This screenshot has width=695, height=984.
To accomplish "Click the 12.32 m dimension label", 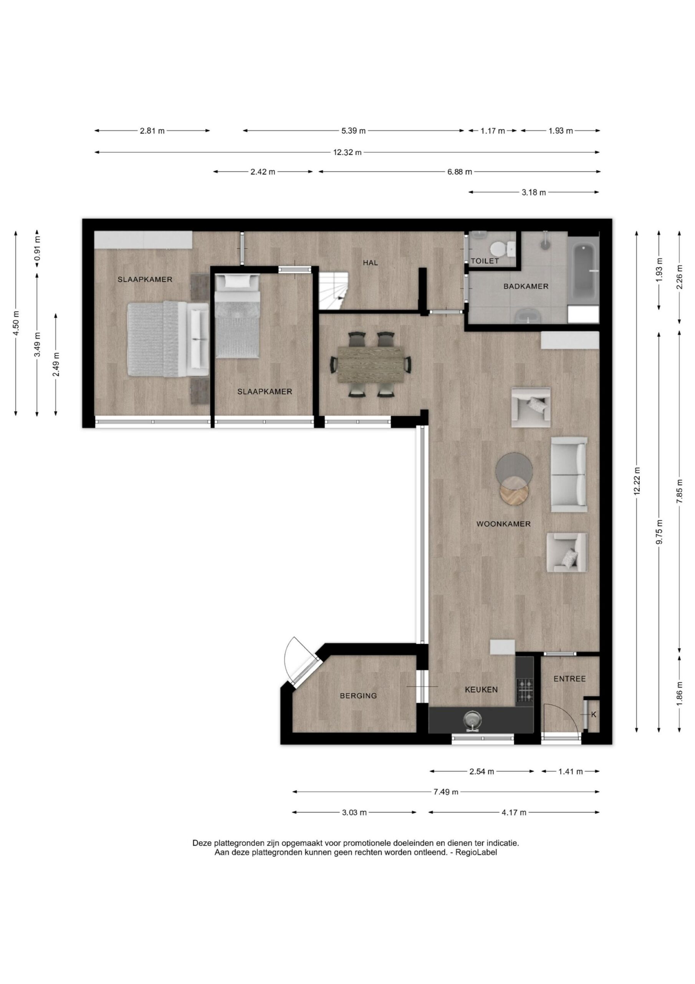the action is point(347,152).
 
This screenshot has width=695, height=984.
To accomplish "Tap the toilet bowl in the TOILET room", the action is point(501,248).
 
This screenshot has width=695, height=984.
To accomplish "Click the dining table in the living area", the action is point(371,365).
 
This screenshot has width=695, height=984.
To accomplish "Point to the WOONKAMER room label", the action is point(503,524).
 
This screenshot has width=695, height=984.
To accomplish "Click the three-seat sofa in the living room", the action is point(569,474).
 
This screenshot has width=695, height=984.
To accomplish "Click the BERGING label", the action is point(358,696).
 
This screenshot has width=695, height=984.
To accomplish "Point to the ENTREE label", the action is point(569,679).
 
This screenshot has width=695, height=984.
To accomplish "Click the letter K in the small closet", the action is point(594,715).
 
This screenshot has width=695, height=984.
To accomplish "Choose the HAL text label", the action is point(371,263).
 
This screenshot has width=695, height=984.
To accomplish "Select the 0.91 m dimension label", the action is point(38,249).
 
